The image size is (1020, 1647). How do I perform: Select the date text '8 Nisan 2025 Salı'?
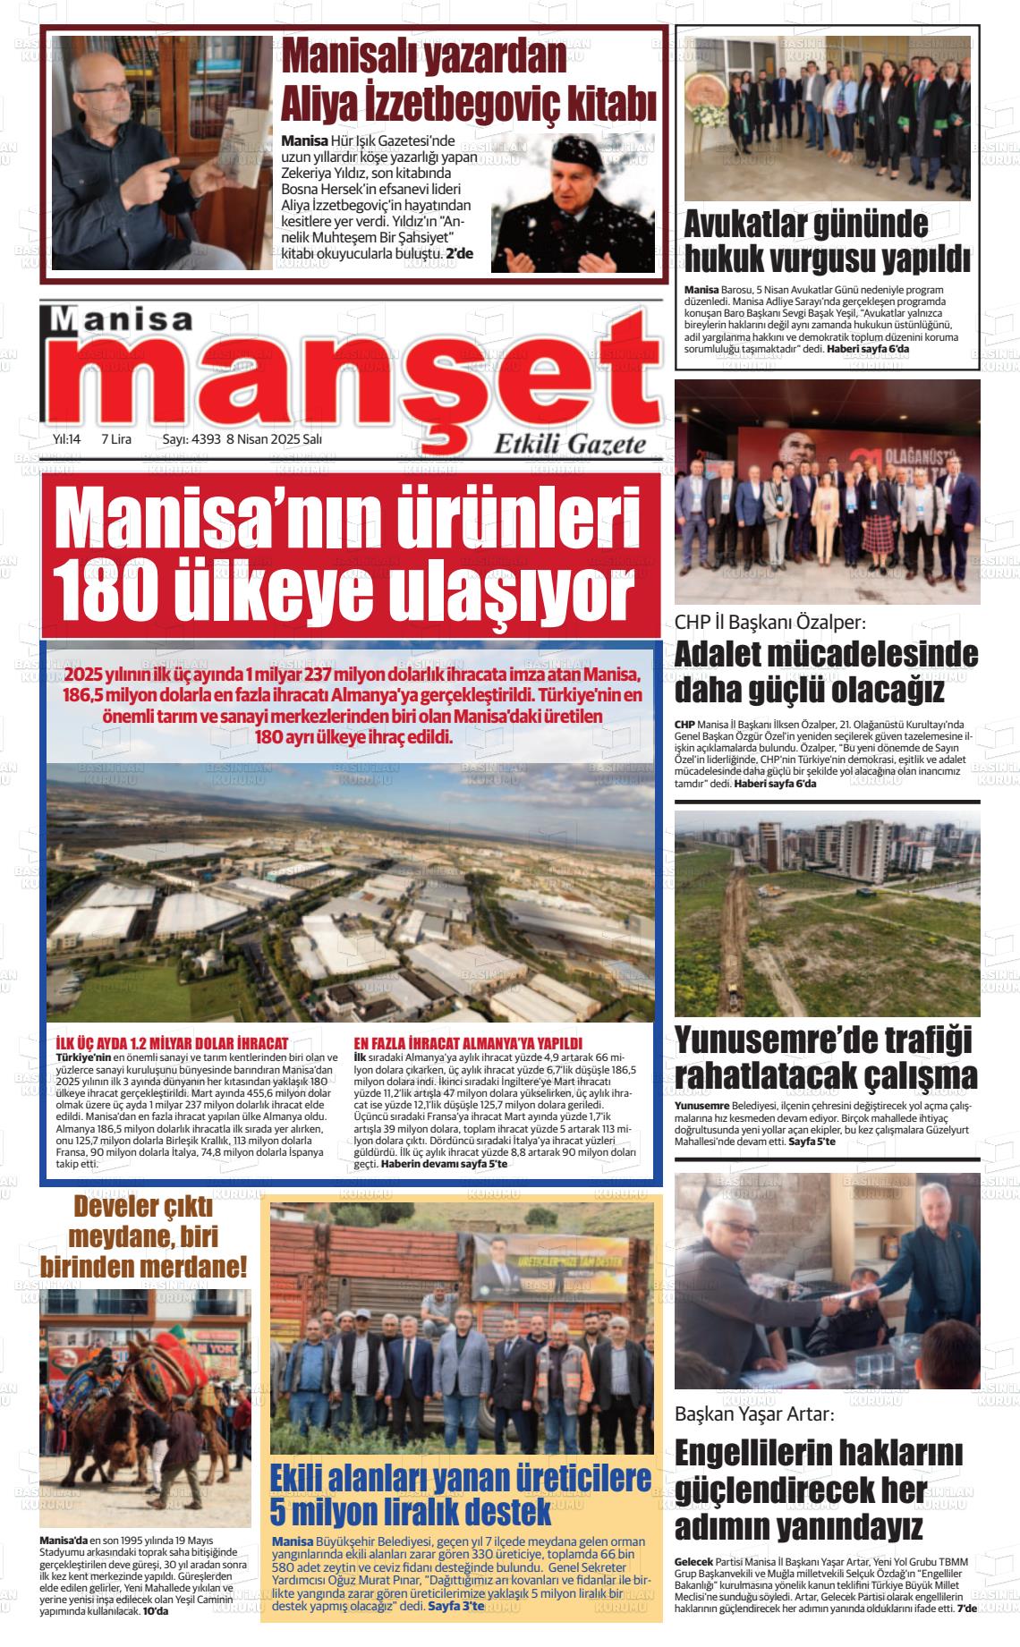pos(274,439)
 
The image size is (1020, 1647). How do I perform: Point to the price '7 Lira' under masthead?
pos(116,439)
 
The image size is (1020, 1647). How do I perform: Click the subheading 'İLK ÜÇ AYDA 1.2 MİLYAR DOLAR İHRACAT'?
pos(172,1043)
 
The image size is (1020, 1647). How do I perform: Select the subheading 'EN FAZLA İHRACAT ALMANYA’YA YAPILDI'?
pos(468,1043)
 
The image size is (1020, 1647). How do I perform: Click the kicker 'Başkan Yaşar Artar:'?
pos(753,1415)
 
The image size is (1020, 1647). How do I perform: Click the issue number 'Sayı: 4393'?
pos(190,439)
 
